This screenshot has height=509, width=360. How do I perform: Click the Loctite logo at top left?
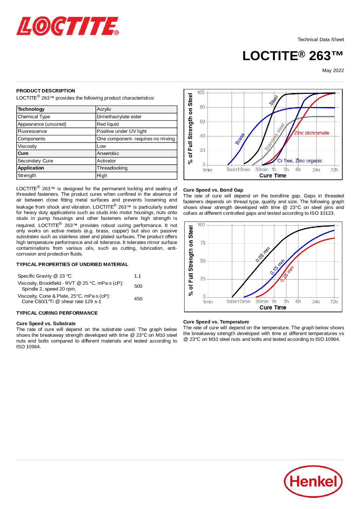[67, 27]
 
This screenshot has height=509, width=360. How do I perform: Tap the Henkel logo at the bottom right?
[313, 481]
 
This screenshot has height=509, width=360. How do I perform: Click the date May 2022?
[333, 70]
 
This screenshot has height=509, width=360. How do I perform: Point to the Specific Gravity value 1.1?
[137, 276]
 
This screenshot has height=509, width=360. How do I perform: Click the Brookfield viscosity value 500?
[138, 286]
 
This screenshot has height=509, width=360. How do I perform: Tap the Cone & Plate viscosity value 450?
[138, 299]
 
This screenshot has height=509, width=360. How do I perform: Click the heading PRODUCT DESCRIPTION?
[46, 91]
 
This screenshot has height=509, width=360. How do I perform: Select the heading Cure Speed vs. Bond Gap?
[213, 190]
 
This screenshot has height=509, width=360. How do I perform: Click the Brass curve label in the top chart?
[240, 139]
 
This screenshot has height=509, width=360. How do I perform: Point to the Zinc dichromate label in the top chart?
[312, 133]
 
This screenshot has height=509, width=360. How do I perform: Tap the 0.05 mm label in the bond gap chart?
[263, 255]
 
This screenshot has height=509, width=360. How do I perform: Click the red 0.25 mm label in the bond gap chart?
[287, 274]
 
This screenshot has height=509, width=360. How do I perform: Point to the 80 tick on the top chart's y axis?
[202, 107]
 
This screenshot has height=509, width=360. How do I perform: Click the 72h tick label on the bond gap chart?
[334, 302]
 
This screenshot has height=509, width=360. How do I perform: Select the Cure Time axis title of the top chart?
[273, 175]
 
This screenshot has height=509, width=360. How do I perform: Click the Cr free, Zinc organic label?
[299, 161]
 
